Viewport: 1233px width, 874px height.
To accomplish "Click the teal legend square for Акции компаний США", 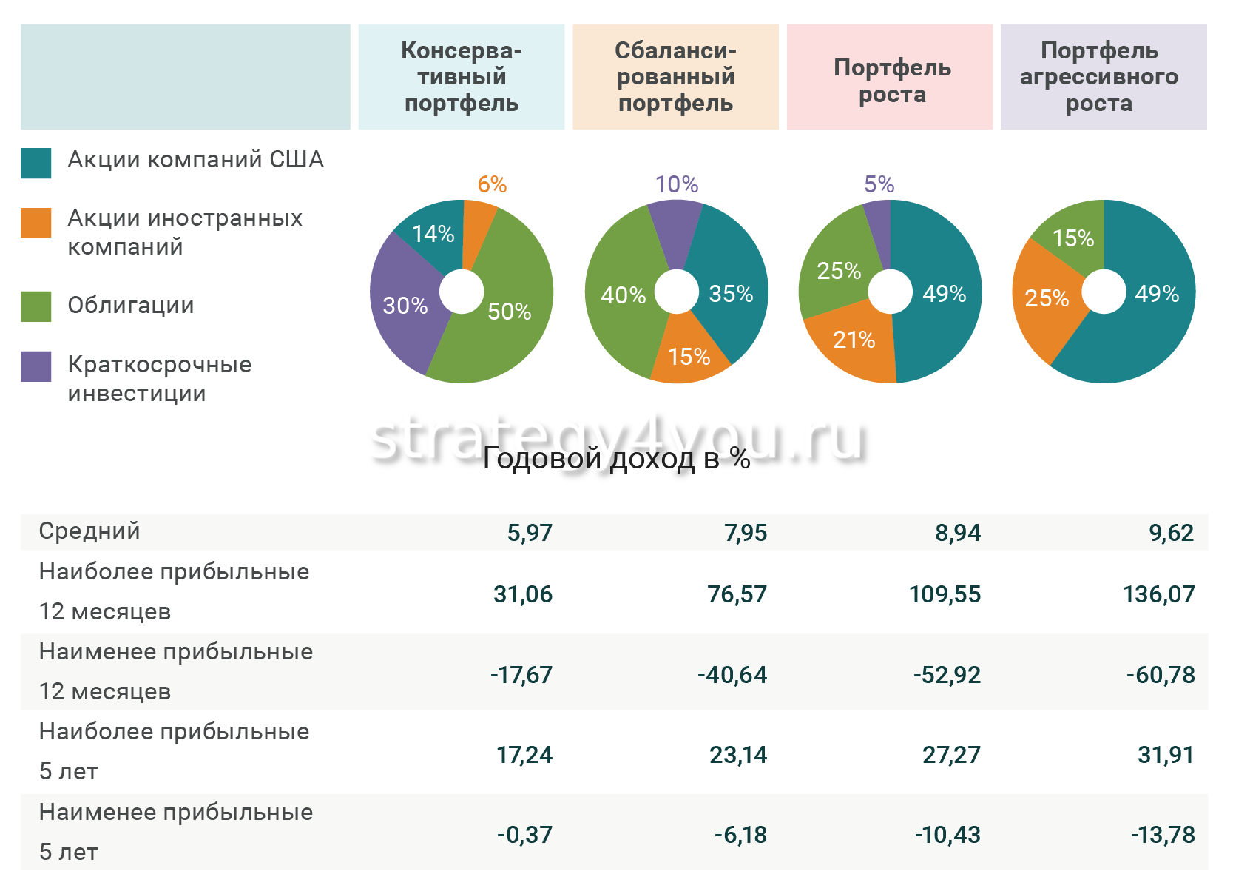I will click(x=36, y=163).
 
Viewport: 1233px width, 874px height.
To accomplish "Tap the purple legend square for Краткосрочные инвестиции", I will click(x=36, y=366).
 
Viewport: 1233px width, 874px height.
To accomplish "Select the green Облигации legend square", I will click(x=36, y=306).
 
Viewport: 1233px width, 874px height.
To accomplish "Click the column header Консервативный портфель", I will click(x=461, y=77).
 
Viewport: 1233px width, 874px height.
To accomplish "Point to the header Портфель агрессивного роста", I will click(x=1103, y=77).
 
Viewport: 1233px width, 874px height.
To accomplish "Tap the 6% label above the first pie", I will click(x=492, y=184).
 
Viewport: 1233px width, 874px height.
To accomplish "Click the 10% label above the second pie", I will click(x=677, y=184).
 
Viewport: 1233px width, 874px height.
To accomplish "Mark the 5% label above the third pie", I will click(x=879, y=184).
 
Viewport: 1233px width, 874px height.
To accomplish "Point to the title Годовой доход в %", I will click(x=616, y=458).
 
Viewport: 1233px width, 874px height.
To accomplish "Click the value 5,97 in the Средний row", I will click(x=529, y=533).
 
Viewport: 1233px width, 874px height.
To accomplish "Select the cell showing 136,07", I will click(x=1158, y=594).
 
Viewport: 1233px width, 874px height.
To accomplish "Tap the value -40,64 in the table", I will click(x=732, y=675).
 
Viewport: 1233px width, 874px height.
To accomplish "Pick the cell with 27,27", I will click(x=950, y=755).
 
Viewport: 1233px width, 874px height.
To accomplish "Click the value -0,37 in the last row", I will click(x=524, y=835).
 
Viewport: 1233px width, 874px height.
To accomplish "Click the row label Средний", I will click(x=89, y=531).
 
